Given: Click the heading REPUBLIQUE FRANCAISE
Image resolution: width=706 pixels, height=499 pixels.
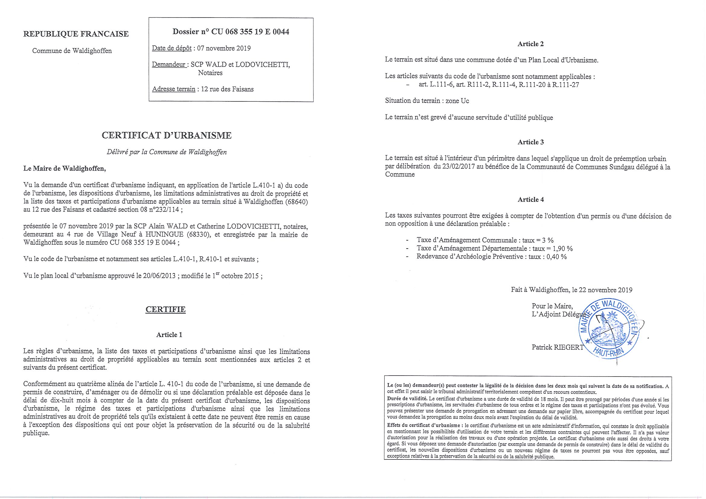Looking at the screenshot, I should coord(76,34).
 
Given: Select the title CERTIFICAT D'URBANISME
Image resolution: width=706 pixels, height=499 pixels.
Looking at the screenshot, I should coord(167,135).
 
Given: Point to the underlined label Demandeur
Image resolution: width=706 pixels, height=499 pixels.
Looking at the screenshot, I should coord(169,65).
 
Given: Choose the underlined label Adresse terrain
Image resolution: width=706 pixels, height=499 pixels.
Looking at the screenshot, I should coord(174,89).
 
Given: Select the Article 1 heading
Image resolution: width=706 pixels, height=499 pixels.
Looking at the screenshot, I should coord(169,335).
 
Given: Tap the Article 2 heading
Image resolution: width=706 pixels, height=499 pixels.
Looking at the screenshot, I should coord(530,44).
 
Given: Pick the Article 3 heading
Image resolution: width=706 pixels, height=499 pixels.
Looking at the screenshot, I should coord(530,142).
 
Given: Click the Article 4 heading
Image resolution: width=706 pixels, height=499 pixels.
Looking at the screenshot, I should coord(530,199).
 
